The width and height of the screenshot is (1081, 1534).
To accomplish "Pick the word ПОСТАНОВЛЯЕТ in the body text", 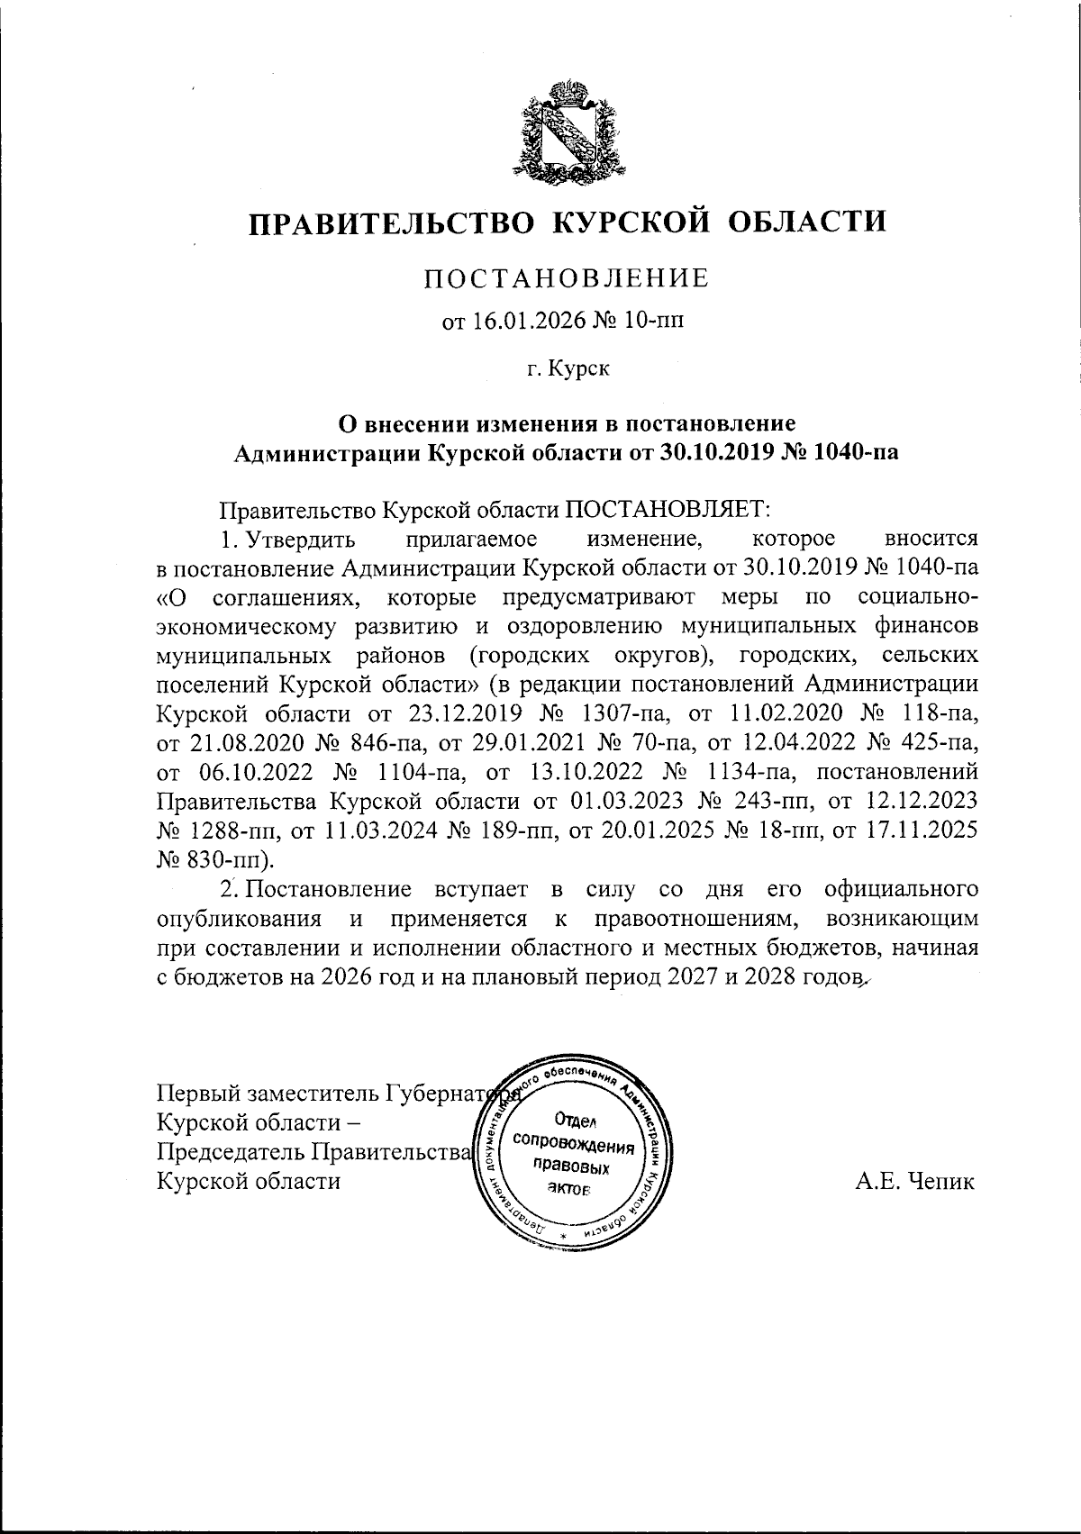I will coord(667,510).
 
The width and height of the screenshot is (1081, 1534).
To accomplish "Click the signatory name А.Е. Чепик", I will coord(915,1181).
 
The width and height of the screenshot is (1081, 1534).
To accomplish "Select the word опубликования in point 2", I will coord(241,920).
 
